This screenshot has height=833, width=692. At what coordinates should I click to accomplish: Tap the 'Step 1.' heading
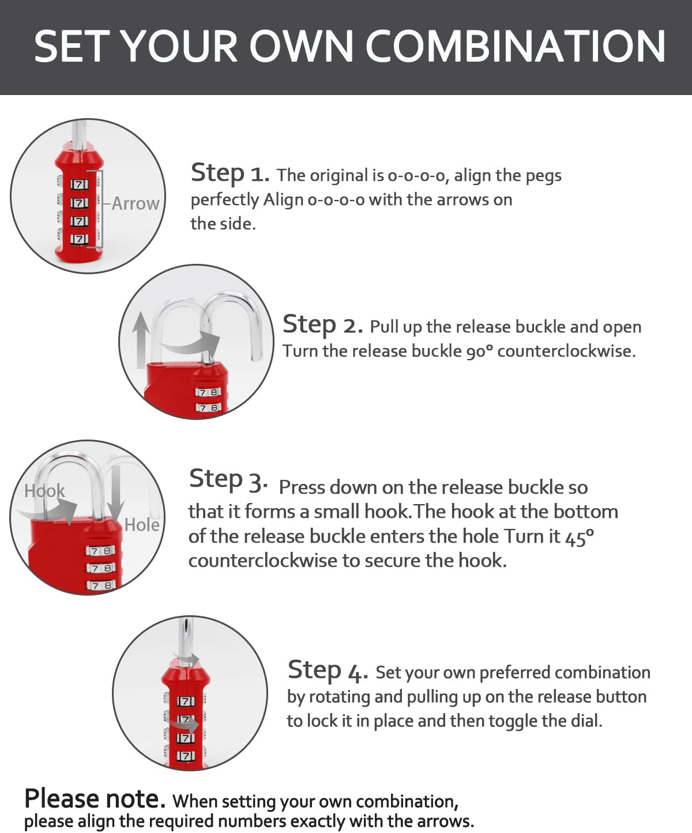[x=230, y=173]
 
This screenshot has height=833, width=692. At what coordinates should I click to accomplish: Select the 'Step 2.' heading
[x=322, y=325]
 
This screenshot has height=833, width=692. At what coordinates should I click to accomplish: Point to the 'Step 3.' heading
[x=228, y=480]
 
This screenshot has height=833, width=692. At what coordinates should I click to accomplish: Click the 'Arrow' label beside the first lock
[x=136, y=203]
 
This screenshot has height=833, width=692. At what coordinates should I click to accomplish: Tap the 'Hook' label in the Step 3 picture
[x=44, y=491]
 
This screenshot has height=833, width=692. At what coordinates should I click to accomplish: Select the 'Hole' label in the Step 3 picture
[x=142, y=525]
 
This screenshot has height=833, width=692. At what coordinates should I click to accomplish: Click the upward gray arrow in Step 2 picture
[x=140, y=339]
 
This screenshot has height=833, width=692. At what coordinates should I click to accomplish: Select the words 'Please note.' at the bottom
[x=95, y=798]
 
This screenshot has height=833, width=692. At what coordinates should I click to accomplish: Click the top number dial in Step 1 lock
[x=80, y=184]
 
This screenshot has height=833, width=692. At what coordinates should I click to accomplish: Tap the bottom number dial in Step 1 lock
[x=80, y=238]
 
